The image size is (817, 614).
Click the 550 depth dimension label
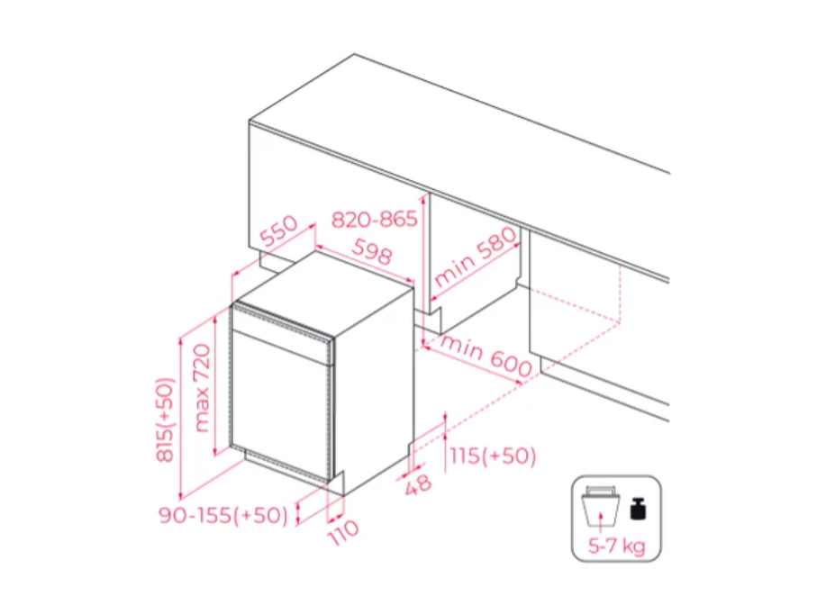(278, 230)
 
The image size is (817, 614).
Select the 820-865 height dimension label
(375, 220)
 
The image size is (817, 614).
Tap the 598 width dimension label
(372, 251)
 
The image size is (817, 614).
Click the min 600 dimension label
(486, 356)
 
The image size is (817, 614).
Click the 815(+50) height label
(165, 420)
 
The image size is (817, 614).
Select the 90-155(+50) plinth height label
(223, 516)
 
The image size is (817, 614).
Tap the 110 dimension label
(344, 532)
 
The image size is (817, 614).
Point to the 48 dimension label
(418, 484)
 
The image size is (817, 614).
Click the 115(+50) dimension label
(493, 456)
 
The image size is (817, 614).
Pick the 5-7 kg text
(616, 546)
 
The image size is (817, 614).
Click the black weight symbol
(638, 509)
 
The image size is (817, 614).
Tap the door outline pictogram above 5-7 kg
(601, 506)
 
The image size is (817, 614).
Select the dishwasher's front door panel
(281, 401)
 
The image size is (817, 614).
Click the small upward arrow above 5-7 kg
(601, 519)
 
